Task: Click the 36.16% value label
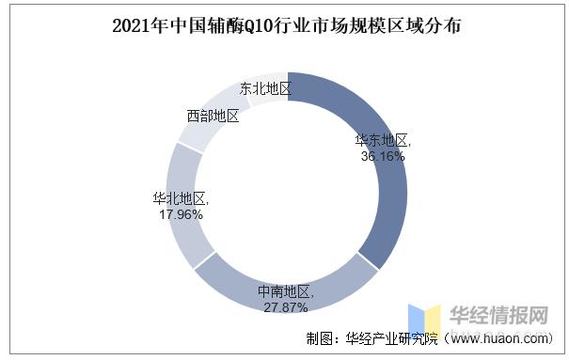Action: coord(384,156)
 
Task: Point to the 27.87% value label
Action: coord(287,307)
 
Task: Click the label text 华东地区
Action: coord(383,141)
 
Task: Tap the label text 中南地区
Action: coord(287,293)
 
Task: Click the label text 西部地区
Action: coord(213,116)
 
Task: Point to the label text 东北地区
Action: coord(265,89)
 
